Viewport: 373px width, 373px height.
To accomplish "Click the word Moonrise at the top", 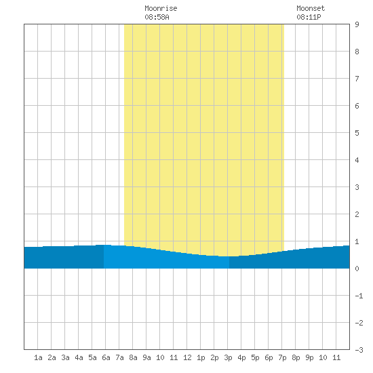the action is click(x=161, y=8).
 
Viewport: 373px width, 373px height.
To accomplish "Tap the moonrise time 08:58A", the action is click(x=157, y=17).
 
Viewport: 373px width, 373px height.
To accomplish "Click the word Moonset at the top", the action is click(x=311, y=8).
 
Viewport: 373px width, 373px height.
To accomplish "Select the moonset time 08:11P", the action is click(x=309, y=17).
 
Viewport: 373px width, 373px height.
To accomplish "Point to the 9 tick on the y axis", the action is click(x=357, y=24).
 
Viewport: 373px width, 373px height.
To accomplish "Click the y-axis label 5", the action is click(x=357, y=133).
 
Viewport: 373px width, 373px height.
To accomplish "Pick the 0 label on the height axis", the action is click(x=357, y=269).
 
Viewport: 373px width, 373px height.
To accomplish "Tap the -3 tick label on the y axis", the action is click(x=359, y=350).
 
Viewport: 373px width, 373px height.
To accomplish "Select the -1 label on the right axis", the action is click(x=359, y=296).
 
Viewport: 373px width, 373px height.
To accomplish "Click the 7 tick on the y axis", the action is click(x=357, y=79).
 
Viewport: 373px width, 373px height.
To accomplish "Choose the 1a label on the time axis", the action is click(x=38, y=357).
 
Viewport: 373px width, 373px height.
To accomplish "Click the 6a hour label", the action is click(x=106, y=357).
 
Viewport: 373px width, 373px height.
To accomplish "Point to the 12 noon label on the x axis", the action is click(x=187, y=357).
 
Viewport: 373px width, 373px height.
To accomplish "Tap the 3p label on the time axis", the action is click(x=228, y=357).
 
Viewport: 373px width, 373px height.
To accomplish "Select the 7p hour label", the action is click(x=282, y=357).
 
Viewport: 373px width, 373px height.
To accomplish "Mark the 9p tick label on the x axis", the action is click(x=309, y=357).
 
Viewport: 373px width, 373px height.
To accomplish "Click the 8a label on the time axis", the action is click(x=133, y=357).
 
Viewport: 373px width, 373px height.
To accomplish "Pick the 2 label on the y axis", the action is click(x=357, y=214).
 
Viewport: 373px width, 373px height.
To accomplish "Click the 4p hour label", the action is click(x=241, y=357).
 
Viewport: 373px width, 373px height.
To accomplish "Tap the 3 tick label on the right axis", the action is click(x=357, y=187).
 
